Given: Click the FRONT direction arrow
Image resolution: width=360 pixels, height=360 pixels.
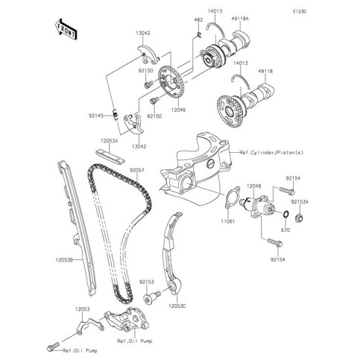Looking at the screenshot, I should point(64,31).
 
